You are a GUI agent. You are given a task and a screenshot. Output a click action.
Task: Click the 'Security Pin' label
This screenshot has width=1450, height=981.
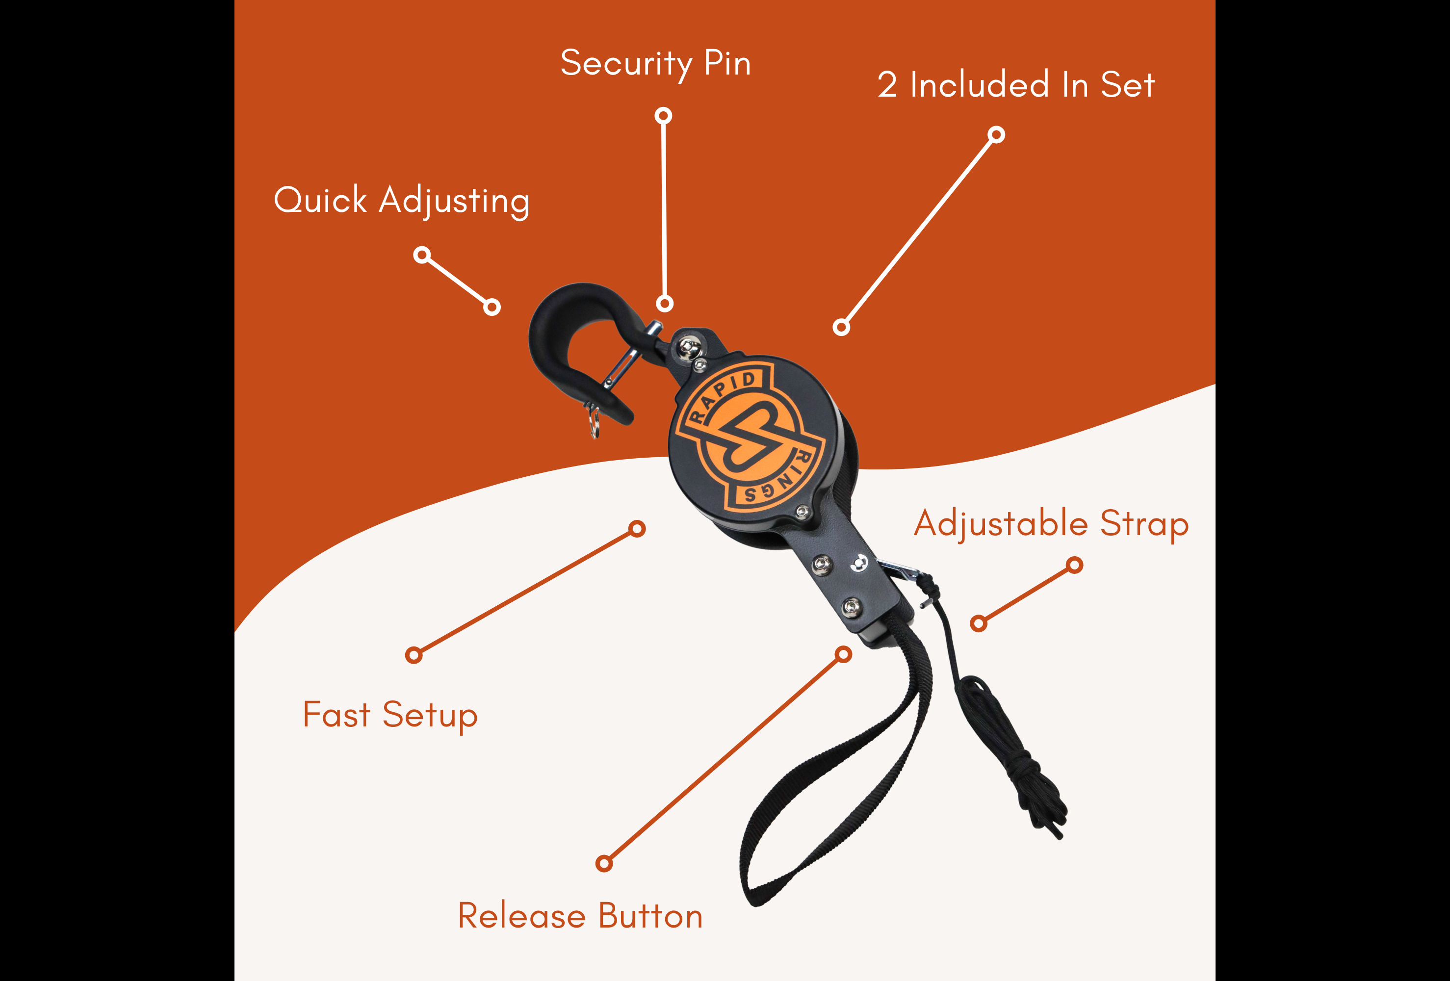(655, 64)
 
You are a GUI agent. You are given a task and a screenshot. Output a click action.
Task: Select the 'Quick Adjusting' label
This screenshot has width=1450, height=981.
(402, 201)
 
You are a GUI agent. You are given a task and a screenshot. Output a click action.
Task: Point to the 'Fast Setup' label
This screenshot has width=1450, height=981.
(390, 715)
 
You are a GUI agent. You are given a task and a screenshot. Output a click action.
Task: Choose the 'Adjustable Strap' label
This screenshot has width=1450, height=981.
(1051, 524)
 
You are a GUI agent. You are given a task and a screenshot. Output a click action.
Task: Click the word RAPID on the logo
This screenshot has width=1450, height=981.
(724, 396)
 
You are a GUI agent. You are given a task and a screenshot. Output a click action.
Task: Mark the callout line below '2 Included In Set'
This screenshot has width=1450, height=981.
(919, 231)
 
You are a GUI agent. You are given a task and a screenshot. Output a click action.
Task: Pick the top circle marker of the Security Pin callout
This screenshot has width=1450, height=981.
(663, 115)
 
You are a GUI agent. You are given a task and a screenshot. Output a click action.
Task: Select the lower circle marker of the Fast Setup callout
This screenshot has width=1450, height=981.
(414, 655)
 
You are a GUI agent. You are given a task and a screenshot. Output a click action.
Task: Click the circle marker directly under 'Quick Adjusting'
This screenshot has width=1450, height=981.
(422, 255)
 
